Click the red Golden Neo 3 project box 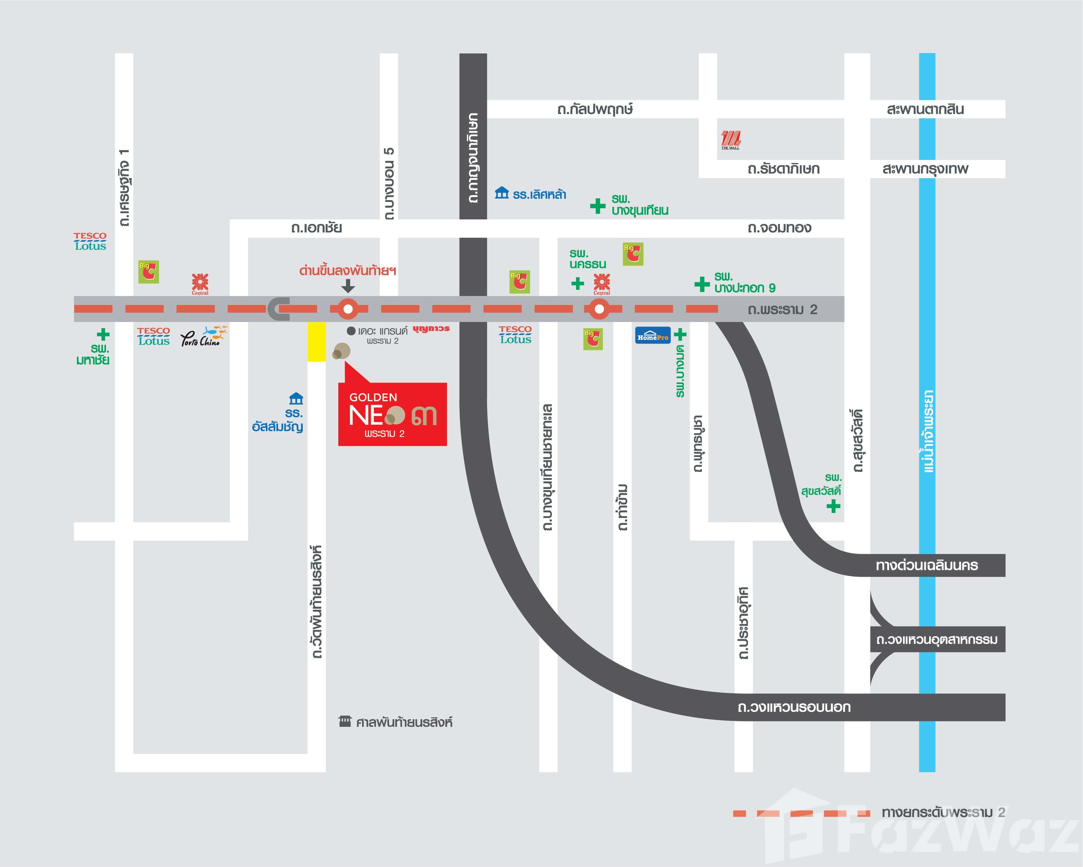click(392, 414)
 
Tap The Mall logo click(730, 140)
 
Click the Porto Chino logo click(203, 337)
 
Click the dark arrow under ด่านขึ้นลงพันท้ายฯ click(348, 286)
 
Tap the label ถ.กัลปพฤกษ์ click(595, 109)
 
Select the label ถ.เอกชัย click(316, 228)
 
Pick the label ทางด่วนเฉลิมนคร click(927, 565)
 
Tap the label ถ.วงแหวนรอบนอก click(794, 707)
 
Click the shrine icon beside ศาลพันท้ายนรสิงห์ click(345, 721)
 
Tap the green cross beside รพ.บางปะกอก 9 click(702, 284)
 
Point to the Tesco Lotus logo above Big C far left click(90, 241)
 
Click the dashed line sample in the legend click(801, 813)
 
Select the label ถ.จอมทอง click(779, 228)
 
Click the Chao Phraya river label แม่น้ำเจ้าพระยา click(928, 431)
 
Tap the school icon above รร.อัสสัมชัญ click(296, 399)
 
